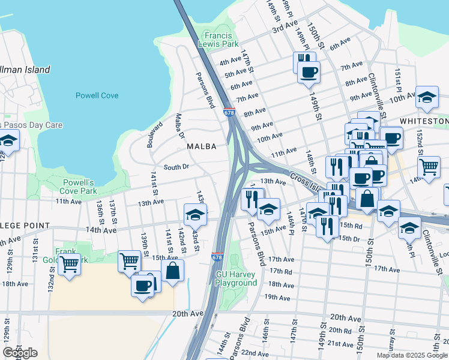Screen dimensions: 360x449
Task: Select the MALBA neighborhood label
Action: click(200, 146)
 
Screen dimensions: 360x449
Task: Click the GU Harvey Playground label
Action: click(236, 278)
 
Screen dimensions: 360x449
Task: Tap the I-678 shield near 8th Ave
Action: click(228, 112)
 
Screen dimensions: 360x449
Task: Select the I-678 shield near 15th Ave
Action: click(217, 256)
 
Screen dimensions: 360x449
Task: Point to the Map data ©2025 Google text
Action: click(411, 355)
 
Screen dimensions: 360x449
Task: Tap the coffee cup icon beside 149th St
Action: click(309, 73)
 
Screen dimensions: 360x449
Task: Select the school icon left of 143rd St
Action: click(195, 214)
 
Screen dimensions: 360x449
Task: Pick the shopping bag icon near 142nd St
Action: click(172, 270)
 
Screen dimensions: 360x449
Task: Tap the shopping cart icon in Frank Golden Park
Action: click(70, 263)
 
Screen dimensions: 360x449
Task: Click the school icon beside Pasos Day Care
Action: click(8, 140)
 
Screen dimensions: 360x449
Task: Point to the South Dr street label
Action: click(176, 167)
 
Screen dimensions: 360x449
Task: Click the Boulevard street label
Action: click(154, 134)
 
